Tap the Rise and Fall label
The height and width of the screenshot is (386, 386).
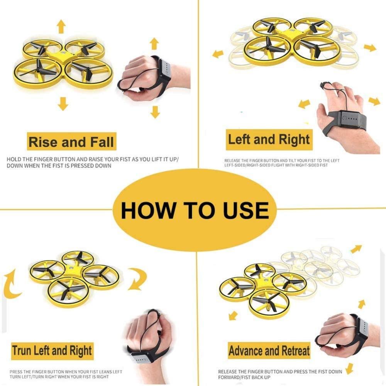pyautogui.click(x=71, y=142)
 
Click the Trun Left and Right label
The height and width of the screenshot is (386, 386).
pyautogui.click(x=52, y=351)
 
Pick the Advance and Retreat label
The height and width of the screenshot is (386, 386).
pyautogui.click(x=269, y=351)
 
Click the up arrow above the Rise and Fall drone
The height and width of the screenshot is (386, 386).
pyautogui.click(x=61, y=27)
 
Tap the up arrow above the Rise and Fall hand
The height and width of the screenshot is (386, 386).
pyautogui.click(x=154, y=44)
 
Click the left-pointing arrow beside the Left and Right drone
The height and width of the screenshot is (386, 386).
pyautogui.click(x=218, y=53)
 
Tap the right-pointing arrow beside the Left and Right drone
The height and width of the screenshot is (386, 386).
pyautogui.click(x=370, y=47)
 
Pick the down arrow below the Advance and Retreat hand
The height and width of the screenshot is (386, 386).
pyautogui.click(x=349, y=367)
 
